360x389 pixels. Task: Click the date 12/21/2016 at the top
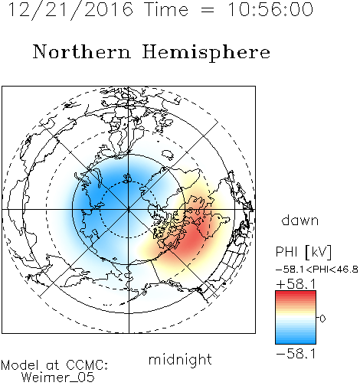70,10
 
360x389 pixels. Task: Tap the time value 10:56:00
270,9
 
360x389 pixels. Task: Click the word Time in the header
166,9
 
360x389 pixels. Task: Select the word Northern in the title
82,51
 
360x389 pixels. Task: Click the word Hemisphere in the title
206,53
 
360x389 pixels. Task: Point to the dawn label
300,220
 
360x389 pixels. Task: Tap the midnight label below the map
180,359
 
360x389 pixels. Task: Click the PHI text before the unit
286,252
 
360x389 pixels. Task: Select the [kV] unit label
318,252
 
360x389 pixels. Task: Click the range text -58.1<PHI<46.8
317,270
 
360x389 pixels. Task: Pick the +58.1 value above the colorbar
296,283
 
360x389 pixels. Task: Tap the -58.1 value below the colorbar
296,354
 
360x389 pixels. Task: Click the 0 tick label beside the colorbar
322,319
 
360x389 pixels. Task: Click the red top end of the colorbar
296,293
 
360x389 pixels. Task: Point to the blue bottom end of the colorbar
296,341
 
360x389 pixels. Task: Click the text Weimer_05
58,378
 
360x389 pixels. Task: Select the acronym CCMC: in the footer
87,365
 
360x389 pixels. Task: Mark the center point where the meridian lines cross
129,210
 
